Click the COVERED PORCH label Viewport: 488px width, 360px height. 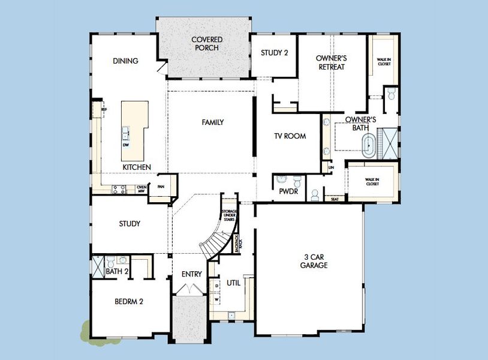tap(206, 44)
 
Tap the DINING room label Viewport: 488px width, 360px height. tap(125, 61)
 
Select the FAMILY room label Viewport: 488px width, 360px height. tap(212, 122)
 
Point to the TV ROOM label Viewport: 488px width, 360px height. tap(290, 136)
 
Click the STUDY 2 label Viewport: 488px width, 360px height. tap(275, 53)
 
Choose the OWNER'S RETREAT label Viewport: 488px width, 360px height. tap(332, 62)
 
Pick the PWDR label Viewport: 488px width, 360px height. tap(284, 193)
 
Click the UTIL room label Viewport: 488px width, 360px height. tap(233, 283)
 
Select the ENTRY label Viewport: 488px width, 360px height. tap(192, 274)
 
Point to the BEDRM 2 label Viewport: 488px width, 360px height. tap(128, 302)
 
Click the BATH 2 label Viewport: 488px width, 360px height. tap(117, 272)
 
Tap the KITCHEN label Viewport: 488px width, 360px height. tap(137, 167)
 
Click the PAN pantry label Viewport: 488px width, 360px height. tap(161, 187)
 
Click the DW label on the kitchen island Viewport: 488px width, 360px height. tap(126, 145)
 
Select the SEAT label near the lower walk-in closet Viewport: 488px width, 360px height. tap(334, 199)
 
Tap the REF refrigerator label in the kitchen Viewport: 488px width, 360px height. tap(103, 110)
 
